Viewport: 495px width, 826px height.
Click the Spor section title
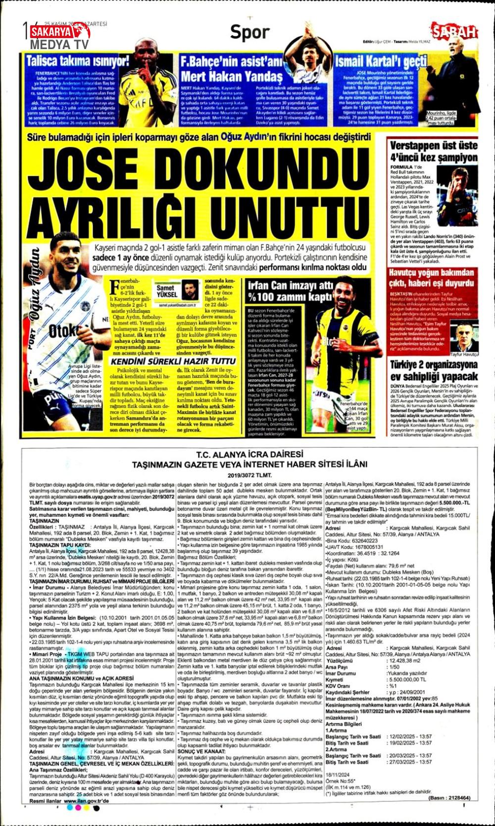click(x=250, y=33)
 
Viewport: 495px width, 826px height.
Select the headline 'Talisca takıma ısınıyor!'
click(x=78, y=61)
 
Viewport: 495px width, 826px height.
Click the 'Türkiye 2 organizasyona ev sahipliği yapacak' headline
click(x=433, y=370)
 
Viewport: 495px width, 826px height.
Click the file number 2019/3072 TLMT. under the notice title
click(x=249, y=474)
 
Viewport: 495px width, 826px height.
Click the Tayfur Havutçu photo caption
click(x=464, y=355)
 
